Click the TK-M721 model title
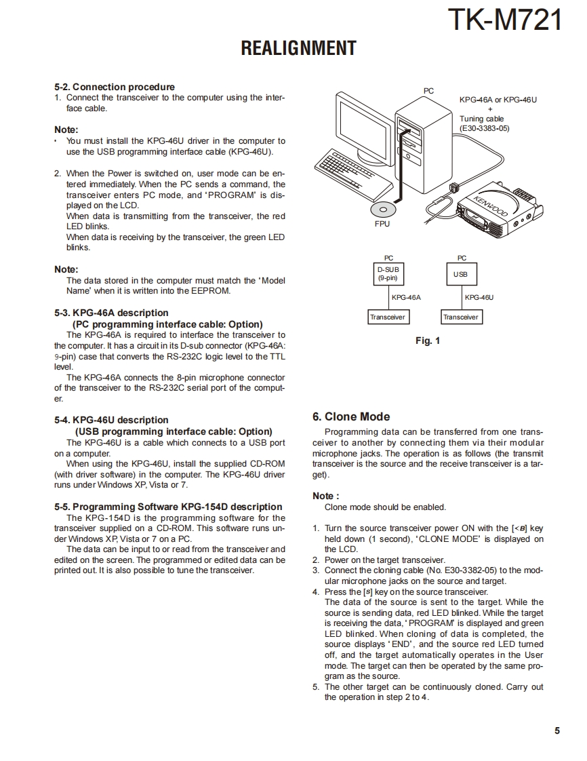coord(506,20)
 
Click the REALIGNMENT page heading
coord(298,48)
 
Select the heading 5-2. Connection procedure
coord(114,87)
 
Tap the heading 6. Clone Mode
coord(350,416)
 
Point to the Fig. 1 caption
coord(427,340)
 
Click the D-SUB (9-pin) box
coord(388,274)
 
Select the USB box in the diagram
coord(461,274)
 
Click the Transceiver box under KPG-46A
coord(388,317)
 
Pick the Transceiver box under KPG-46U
coord(461,317)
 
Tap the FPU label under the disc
coord(382,223)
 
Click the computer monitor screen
coord(363,125)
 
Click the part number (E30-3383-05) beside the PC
coord(484,128)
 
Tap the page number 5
coord(557,730)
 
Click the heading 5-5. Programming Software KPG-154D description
coord(168,507)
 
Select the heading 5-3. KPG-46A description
coord(111,313)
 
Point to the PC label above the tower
coord(428,91)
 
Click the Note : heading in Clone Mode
coord(325,496)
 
